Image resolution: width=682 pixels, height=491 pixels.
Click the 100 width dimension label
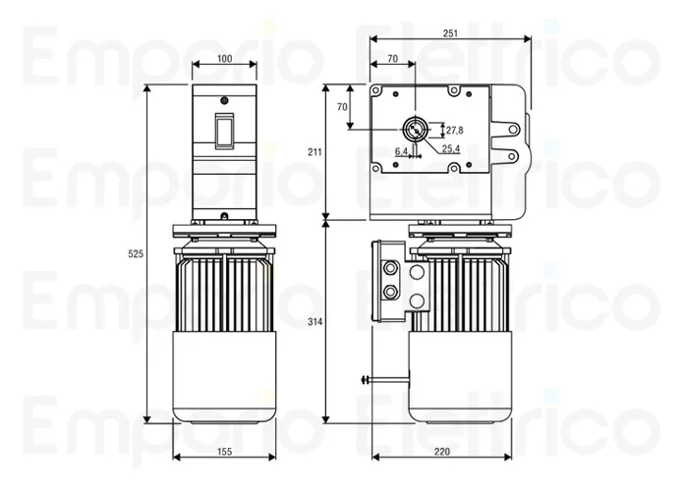click(224, 59)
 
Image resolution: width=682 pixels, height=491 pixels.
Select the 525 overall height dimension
click(137, 254)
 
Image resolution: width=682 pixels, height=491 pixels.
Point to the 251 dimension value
click(450, 33)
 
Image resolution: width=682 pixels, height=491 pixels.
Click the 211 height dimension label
click(314, 152)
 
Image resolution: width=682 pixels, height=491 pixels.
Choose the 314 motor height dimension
click(314, 322)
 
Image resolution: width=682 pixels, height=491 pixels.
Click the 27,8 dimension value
click(454, 130)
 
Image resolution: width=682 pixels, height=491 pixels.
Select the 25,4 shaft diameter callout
click(450, 149)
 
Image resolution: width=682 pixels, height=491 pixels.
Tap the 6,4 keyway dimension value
click(401, 151)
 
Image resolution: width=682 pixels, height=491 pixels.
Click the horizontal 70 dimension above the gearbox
click(392, 59)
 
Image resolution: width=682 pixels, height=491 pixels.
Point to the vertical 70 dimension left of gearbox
click(342, 106)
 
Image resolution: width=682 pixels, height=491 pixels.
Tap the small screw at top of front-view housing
click(224, 100)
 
